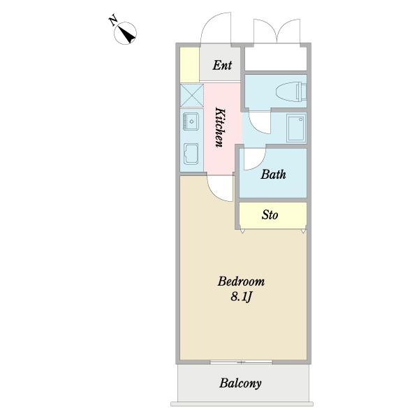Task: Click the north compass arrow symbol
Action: click(x=126, y=33)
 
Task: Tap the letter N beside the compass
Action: click(x=113, y=20)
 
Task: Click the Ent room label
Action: click(x=222, y=66)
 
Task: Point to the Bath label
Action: click(x=273, y=175)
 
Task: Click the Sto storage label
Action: click(x=270, y=215)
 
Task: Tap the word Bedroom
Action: click(x=241, y=282)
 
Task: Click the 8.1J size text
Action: click(x=242, y=298)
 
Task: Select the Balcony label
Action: click(x=240, y=383)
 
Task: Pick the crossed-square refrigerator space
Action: click(x=191, y=94)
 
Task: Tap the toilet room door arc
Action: click(x=257, y=123)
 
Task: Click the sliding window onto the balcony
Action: click(x=242, y=362)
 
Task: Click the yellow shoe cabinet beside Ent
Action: click(x=189, y=64)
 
